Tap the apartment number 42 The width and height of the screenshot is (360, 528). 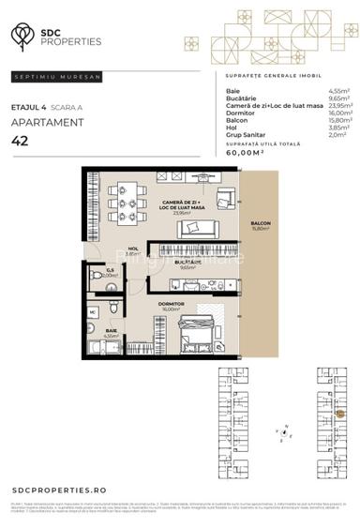tap(19, 141)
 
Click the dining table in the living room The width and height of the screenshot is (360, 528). tap(127, 204)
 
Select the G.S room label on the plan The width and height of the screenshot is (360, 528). tap(110, 271)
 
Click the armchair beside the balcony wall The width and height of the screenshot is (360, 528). tap(225, 198)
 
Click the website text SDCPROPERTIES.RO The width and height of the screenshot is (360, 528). tap(60, 490)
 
